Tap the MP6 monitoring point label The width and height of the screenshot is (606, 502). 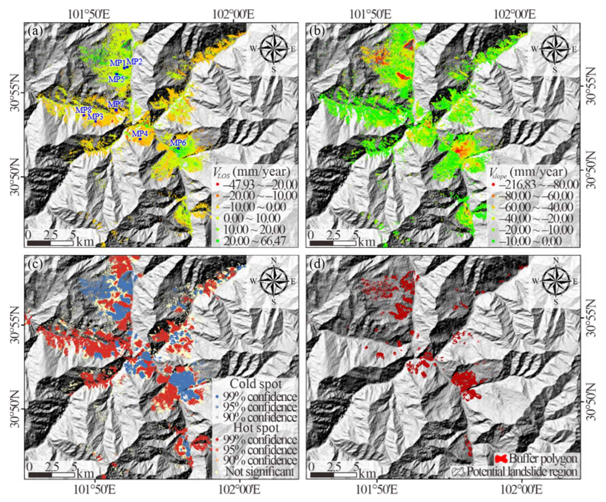click(178, 143)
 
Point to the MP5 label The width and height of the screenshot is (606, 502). click(116, 79)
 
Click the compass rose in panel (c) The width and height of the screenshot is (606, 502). click(273, 281)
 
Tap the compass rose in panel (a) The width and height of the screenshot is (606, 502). click(273, 49)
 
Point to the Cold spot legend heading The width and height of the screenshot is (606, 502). click(256, 384)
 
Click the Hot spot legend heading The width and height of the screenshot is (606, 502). click(257, 428)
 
